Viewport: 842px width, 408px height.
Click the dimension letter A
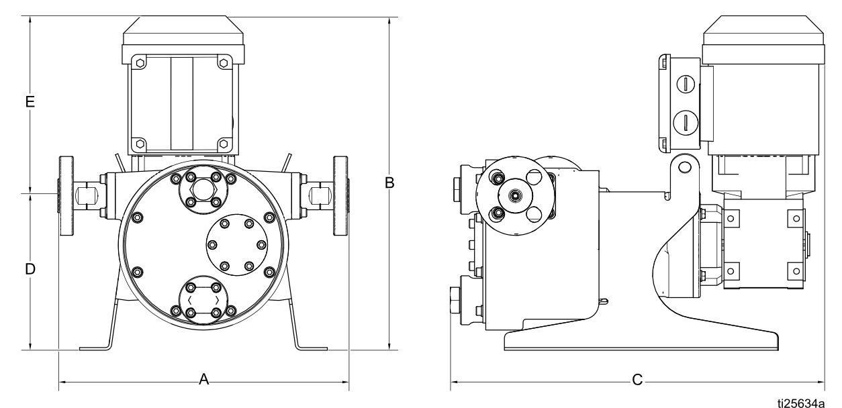(x=204, y=380)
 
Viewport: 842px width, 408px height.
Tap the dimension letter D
(x=30, y=269)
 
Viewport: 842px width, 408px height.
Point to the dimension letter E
(x=30, y=101)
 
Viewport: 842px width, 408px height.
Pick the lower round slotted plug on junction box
(x=684, y=122)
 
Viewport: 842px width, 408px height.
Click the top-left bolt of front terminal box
(x=139, y=62)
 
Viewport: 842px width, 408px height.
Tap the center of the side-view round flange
(x=515, y=195)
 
